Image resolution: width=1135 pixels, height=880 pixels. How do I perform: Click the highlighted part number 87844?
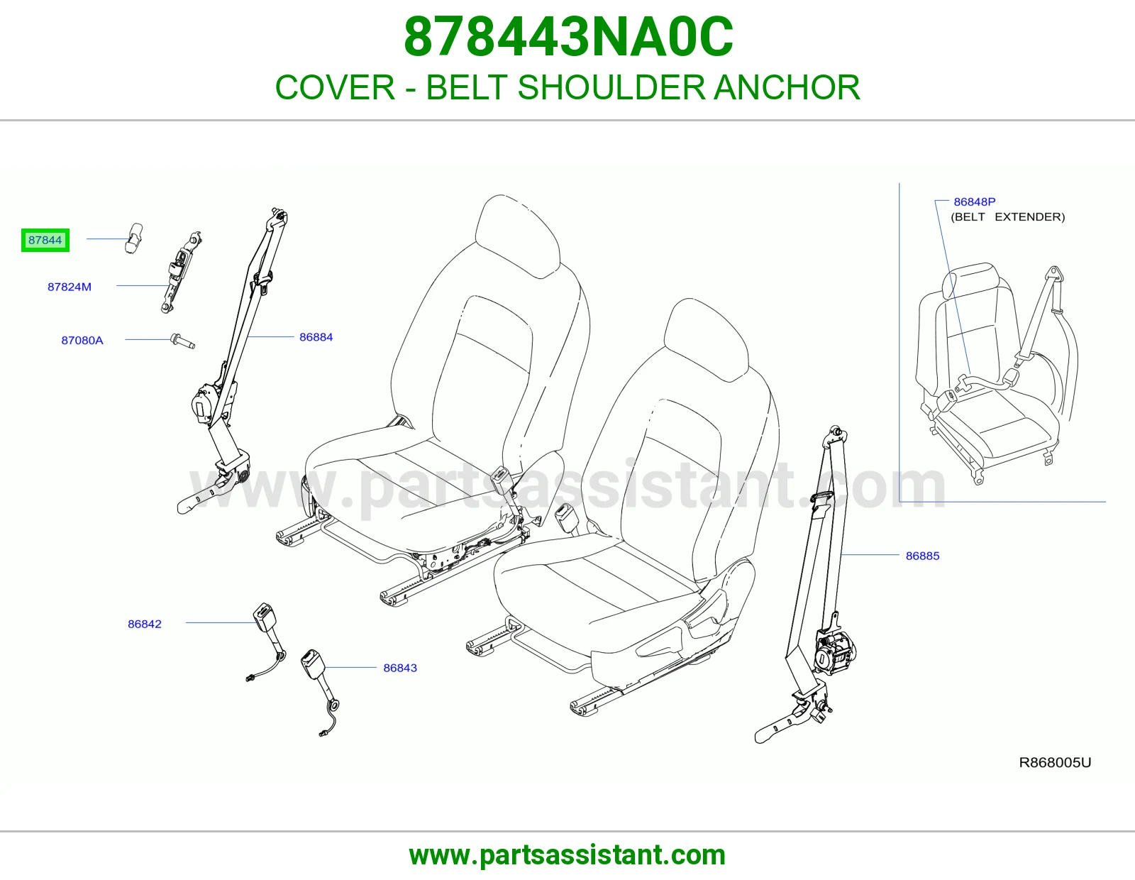click(45, 241)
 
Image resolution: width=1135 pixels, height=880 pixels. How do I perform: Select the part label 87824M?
click(70, 287)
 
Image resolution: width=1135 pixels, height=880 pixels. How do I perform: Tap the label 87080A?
click(82, 341)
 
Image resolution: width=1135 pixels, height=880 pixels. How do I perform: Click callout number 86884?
click(316, 337)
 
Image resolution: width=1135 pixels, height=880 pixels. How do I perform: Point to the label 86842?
click(145, 624)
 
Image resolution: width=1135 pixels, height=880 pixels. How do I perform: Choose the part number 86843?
click(400, 668)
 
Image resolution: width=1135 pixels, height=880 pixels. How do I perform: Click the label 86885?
click(922, 556)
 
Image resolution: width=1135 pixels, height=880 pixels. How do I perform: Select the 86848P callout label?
click(975, 202)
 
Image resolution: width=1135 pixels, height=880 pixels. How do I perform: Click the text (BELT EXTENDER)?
click(1007, 217)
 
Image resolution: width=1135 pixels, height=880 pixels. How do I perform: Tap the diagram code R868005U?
click(1055, 763)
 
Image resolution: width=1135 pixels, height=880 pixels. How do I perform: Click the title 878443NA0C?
click(568, 37)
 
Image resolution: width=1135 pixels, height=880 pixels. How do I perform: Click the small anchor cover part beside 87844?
click(133, 238)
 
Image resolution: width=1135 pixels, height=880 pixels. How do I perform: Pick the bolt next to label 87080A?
click(183, 341)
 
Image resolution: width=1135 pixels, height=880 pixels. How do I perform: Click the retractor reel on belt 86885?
click(834, 653)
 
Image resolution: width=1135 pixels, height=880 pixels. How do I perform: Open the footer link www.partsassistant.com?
click(567, 855)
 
